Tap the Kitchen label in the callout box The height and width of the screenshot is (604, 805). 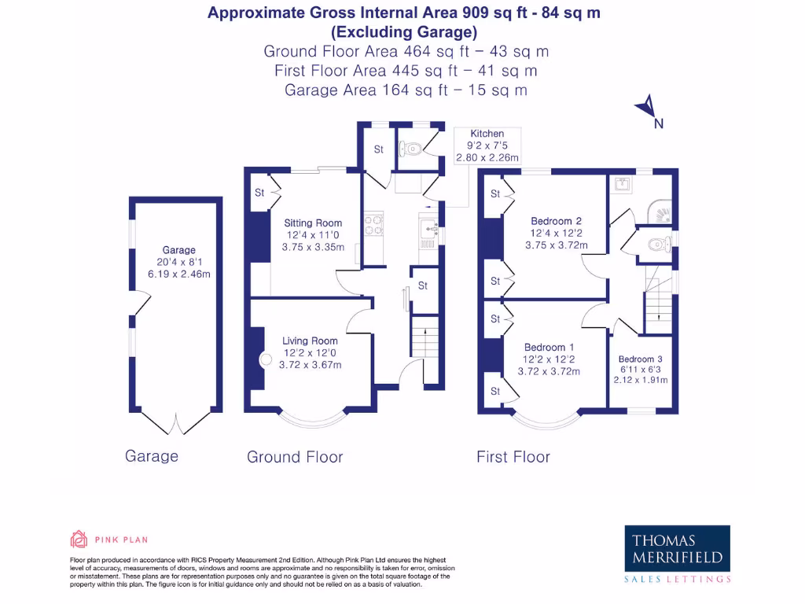(x=487, y=134)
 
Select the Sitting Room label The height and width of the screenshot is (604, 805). (x=313, y=223)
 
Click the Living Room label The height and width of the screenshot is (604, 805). (x=310, y=341)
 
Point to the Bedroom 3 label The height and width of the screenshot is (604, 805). (x=640, y=359)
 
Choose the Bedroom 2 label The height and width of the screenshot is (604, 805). (x=556, y=221)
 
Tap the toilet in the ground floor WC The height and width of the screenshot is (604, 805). (x=411, y=149)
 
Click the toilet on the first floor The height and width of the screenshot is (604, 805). (x=660, y=245)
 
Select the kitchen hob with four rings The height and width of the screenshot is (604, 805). (x=373, y=224)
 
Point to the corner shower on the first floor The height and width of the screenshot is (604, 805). (x=660, y=211)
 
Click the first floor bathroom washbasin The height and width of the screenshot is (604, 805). (x=623, y=183)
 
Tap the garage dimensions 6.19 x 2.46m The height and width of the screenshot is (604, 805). (x=179, y=274)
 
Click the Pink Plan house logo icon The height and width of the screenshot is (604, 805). (x=79, y=540)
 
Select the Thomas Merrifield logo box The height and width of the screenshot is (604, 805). (x=677, y=548)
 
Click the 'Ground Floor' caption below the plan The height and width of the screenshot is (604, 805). (x=295, y=457)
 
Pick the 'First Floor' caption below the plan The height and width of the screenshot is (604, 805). (x=513, y=457)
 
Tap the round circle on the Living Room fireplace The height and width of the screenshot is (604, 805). (x=266, y=359)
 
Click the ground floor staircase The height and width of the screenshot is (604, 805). (x=425, y=337)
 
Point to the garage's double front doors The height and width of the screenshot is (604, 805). (x=175, y=422)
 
